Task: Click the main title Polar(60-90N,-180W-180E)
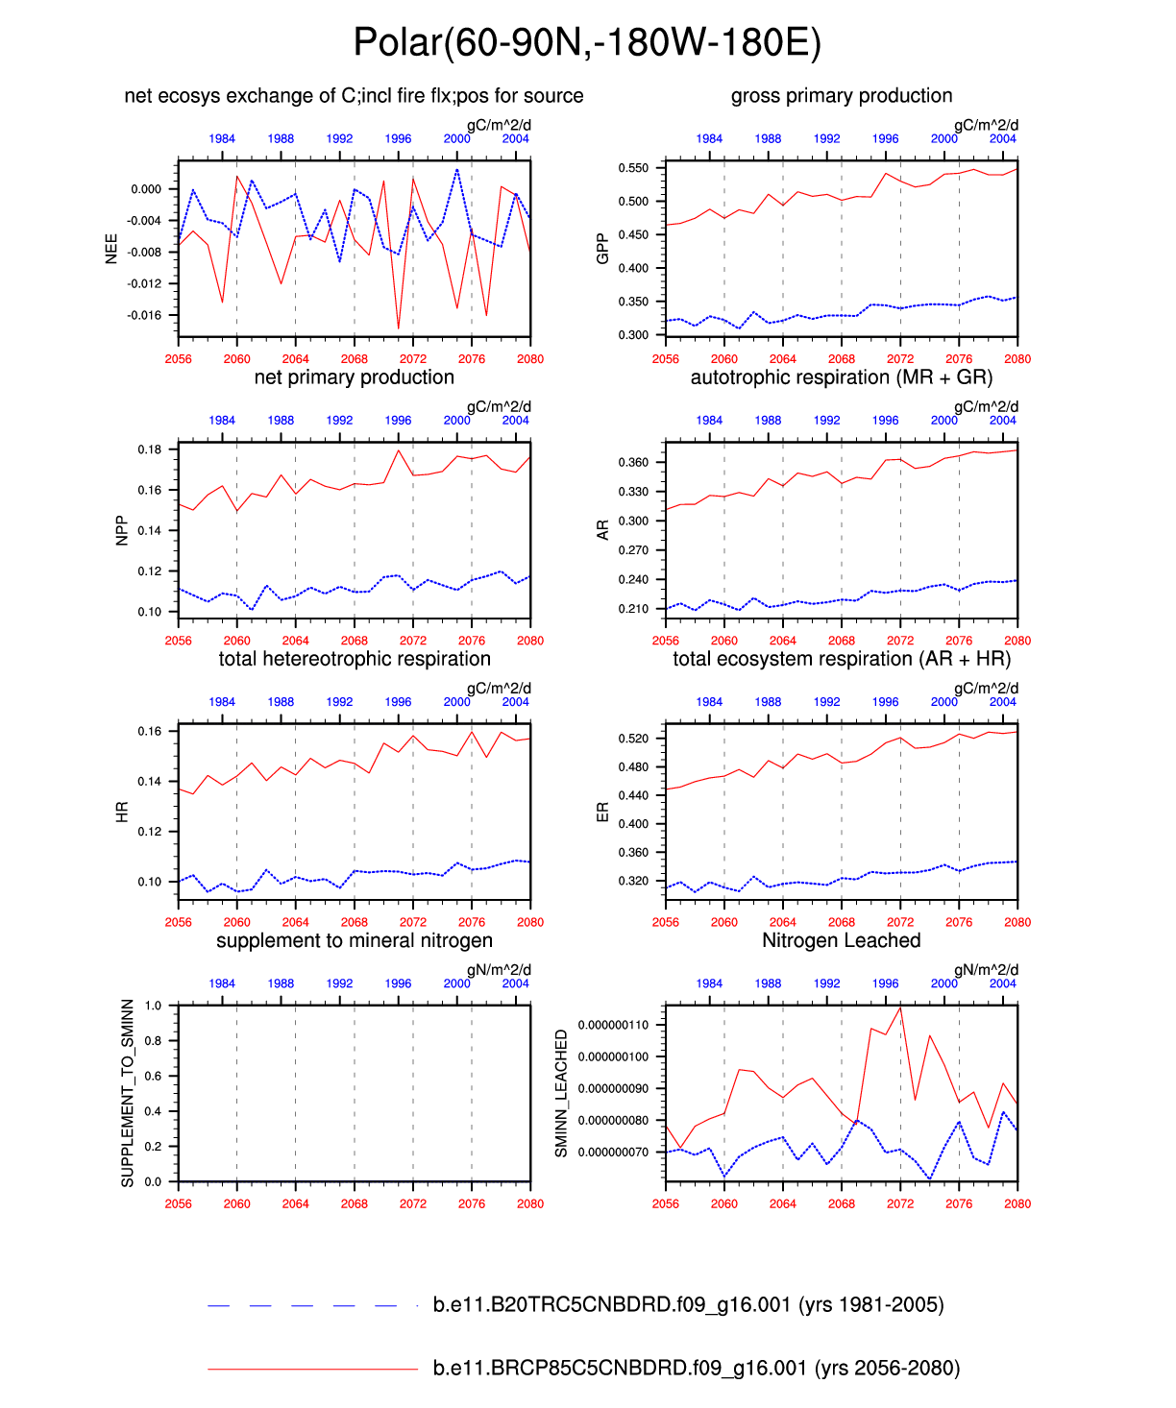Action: pos(587,43)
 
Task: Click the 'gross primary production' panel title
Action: pos(842,96)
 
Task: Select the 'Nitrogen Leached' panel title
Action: pos(842,941)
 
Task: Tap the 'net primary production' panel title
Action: pos(354,377)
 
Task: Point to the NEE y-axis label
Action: pos(111,249)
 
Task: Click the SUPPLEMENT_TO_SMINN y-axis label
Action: pos(128,1093)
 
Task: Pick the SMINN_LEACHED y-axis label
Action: pos(562,1093)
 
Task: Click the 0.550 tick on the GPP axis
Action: pos(634,168)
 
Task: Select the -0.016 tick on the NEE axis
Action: pos(146,315)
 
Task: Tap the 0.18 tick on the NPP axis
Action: pos(150,449)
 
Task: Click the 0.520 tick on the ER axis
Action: pos(634,739)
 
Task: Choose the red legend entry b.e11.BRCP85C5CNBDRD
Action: pos(696,1369)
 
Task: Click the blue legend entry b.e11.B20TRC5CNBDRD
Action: pos(688,1305)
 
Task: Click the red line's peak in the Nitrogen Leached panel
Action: pos(900,1007)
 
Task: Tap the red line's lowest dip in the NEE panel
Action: pos(399,328)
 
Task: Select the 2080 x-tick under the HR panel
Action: pos(530,922)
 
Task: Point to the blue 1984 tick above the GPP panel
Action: pos(709,139)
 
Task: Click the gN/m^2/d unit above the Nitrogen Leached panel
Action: pos(986,970)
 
